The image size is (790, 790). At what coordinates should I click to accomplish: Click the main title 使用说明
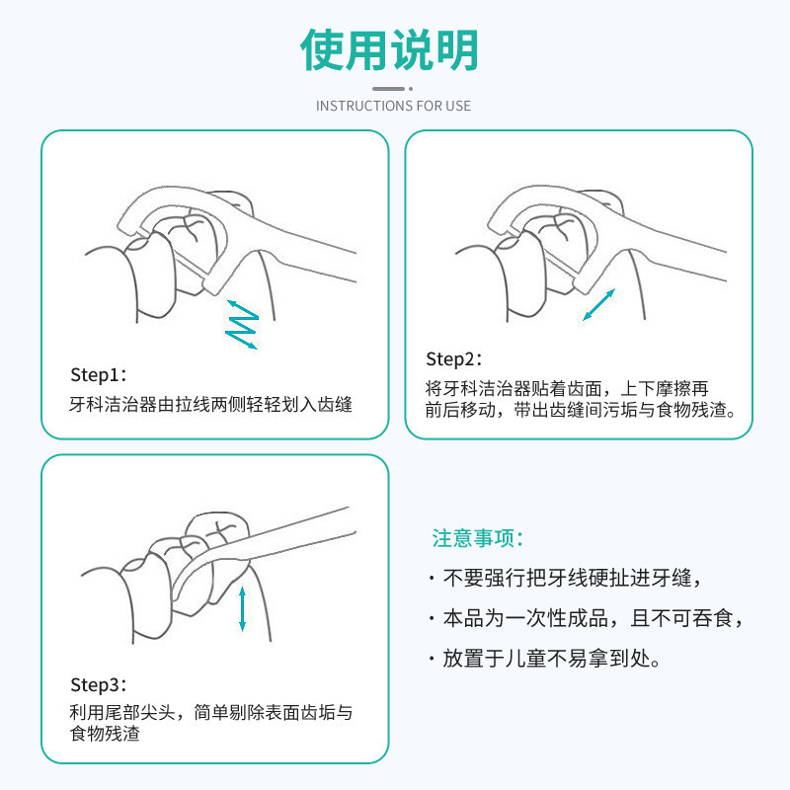(392, 49)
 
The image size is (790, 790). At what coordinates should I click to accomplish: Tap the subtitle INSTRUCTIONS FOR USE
(393, 106)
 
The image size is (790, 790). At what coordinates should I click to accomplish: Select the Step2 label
(454, 358)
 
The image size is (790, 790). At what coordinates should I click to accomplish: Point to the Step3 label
(99, 685)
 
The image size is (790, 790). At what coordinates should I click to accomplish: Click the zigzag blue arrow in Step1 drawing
(242, 323)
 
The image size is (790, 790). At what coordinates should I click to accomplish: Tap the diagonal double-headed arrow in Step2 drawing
(598, 304)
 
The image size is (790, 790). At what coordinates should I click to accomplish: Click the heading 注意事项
(477, 538)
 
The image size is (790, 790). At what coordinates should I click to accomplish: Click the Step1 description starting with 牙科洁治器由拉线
(211, 405)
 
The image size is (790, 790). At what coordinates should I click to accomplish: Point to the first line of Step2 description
(567, 388)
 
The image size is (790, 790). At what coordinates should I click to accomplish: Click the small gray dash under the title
(392, 88)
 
